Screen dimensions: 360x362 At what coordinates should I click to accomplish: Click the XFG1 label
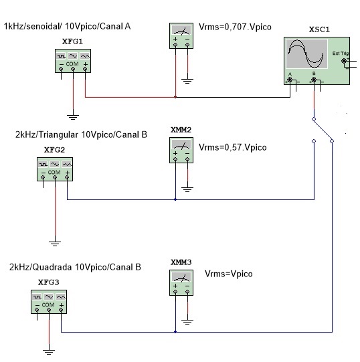click(x=72, y=41)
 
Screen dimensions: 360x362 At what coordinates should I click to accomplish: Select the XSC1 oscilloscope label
click(x=319, y=29)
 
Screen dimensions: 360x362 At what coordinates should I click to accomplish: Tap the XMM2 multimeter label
click(x=181, y=130)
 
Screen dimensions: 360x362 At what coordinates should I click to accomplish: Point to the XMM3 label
click(x=181, y=262)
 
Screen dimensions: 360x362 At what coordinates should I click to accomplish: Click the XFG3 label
click(x=48, y=282)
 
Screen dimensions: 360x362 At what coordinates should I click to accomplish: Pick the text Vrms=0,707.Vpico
click(x=235, y=27)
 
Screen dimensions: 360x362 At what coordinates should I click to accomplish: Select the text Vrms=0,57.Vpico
click(x=233, y=147)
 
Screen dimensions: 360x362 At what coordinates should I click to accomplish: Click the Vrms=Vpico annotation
click(x=229, y=274)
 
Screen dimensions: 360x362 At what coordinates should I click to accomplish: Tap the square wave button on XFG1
click(x=61, y=56)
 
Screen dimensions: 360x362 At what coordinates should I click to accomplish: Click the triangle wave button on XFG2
click(x=67, y=165)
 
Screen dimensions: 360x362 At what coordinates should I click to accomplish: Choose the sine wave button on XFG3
click(x=49, y=296)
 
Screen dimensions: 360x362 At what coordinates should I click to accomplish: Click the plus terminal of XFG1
click(x=85, y=69)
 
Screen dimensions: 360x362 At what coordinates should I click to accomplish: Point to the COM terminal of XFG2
click(x=55, y=177)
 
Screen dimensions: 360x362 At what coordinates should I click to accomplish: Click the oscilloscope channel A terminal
click(x=290, y=80)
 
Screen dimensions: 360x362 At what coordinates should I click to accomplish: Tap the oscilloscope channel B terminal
click(x=314, y=80)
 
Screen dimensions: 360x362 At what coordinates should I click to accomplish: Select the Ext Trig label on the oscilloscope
click(x=341, y=54)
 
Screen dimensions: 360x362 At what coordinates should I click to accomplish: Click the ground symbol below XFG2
click(x=55, y=244)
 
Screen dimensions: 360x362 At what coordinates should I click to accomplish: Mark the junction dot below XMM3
click(x=175, y=332)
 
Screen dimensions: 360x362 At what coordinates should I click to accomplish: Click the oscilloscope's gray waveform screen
click(x=306, y=54)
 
